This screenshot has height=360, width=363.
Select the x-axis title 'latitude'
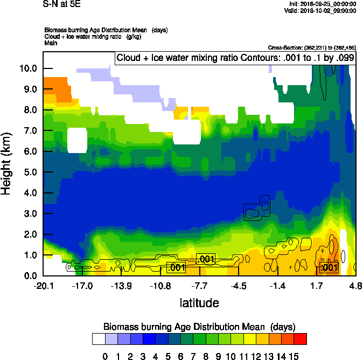click(x=199, y=303)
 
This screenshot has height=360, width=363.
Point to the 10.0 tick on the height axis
click(x=28, y=68)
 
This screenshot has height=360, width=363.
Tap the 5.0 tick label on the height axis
click(x=30, y=172)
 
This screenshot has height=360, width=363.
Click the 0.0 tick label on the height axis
click(x=30, y=276)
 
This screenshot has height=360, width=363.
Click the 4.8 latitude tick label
click(x=355, y=286)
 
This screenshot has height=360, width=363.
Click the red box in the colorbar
click(x=300, y=339)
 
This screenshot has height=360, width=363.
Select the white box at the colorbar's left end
click(x=98, y=339)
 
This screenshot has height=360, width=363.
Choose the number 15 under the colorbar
click(x=293, y=356)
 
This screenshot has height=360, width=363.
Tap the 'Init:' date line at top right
click(x=322, y=4)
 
